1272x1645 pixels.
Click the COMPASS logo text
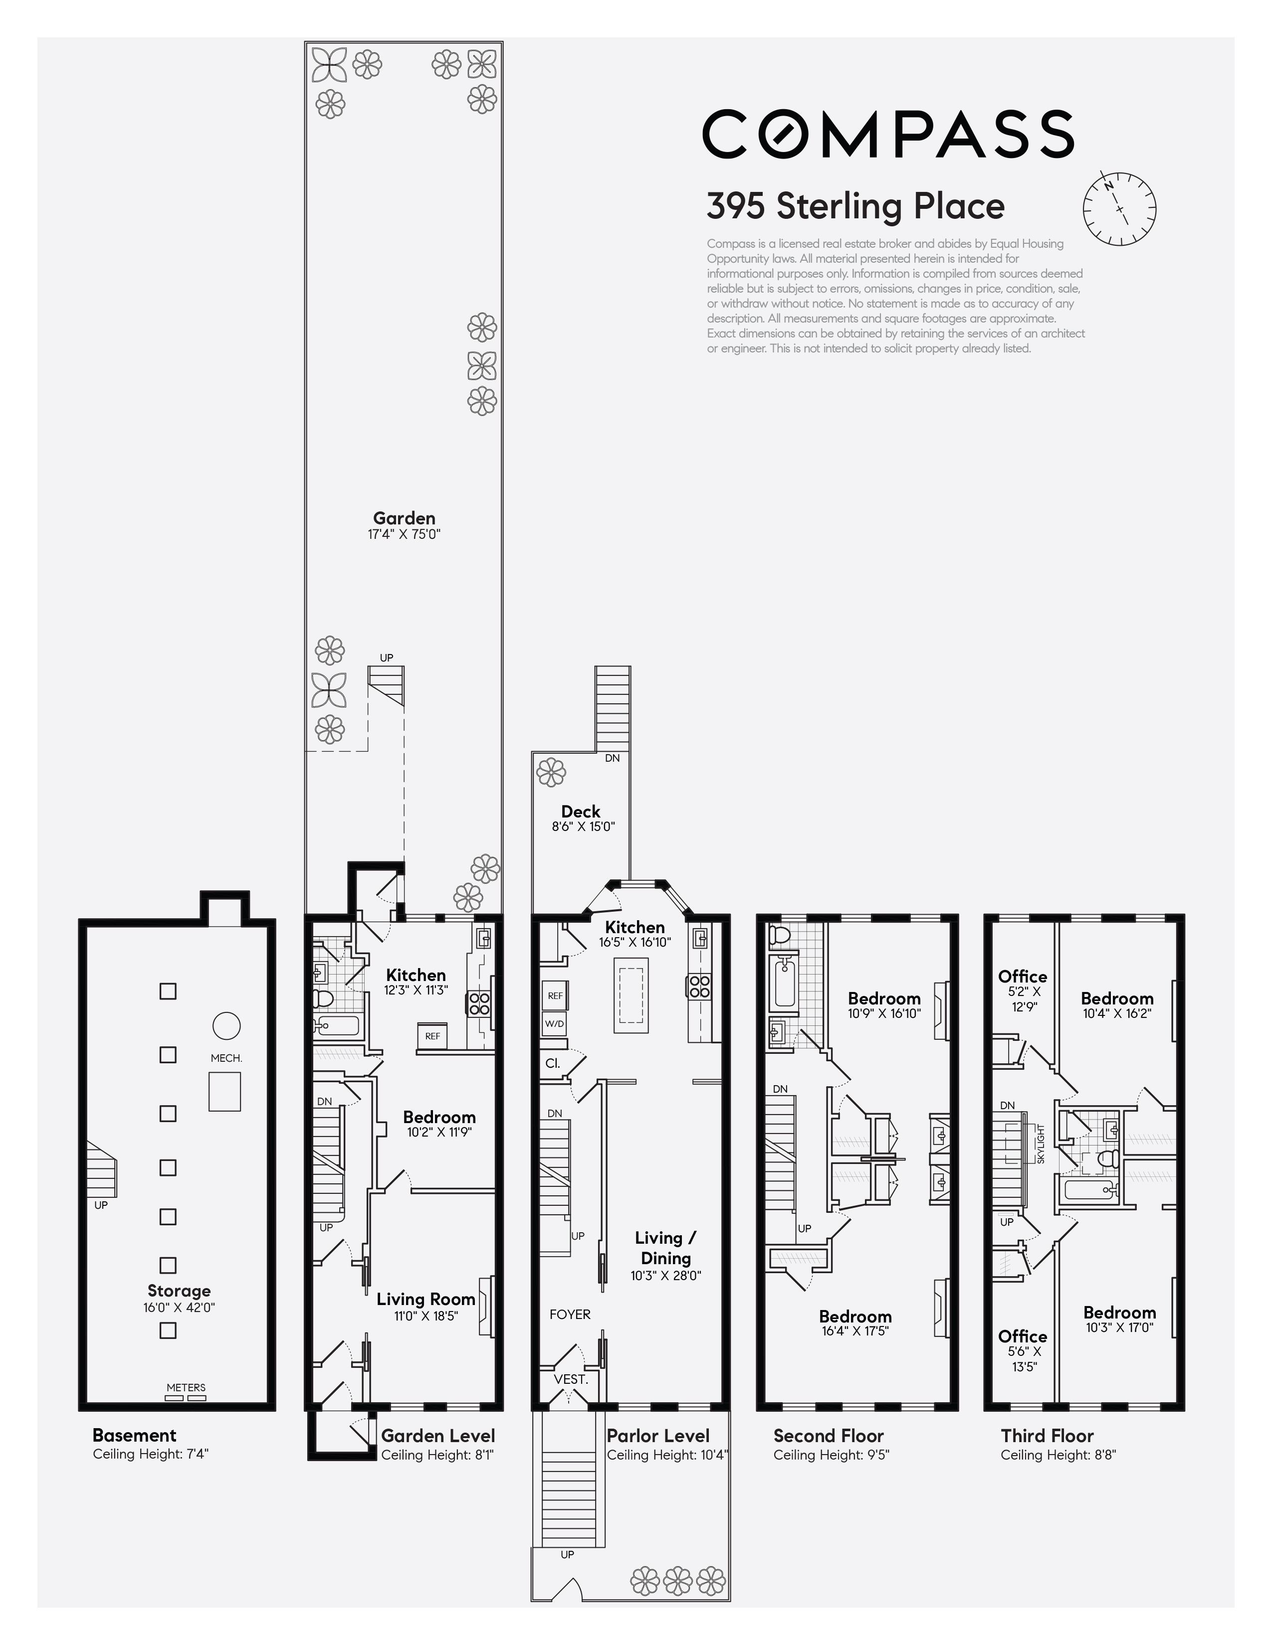point(888,134)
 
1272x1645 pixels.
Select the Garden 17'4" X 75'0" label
point(404,525)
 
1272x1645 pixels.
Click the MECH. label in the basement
point(226,1058)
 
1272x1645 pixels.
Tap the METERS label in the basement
point(186,1387)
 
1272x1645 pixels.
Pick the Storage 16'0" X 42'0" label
point(179,1299)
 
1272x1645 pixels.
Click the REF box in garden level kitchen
point(432,1036)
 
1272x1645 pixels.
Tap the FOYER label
point(570,1315)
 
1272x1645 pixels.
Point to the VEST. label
point(571,1380)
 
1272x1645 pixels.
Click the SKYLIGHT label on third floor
point(1041,1144)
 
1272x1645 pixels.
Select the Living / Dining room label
point(665,1248)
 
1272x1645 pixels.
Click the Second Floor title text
point(828,1436)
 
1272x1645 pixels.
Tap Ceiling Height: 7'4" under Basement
point(151,1454)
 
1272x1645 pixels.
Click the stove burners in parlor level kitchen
point(698,987)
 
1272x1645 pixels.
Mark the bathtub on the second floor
point(785,982)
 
